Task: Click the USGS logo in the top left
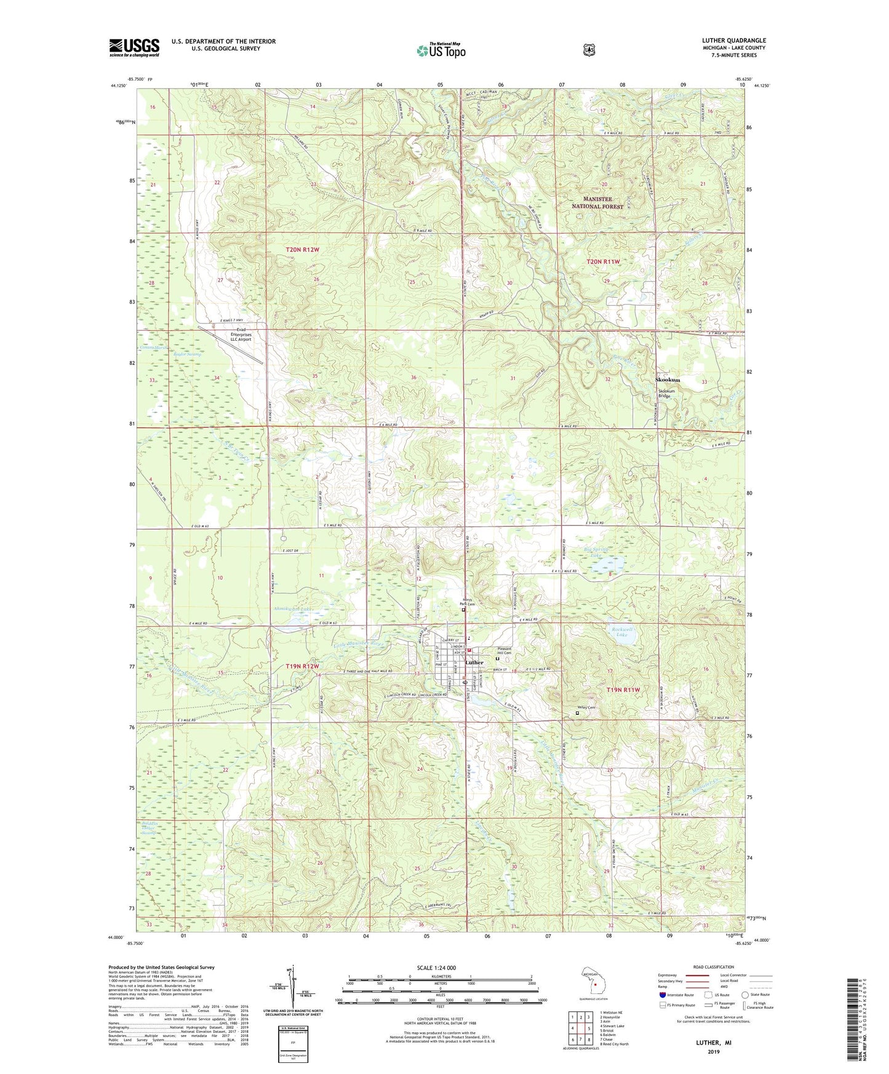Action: [134, 47]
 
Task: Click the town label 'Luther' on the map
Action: [474, 662]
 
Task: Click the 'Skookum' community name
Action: [668, 380]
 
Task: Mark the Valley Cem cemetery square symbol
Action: [577, 714]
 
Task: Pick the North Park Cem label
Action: [468, 603]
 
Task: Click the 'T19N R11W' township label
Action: [624, 690]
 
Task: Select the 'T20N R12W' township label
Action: [303, 249]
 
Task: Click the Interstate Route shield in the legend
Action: [662, 995]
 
